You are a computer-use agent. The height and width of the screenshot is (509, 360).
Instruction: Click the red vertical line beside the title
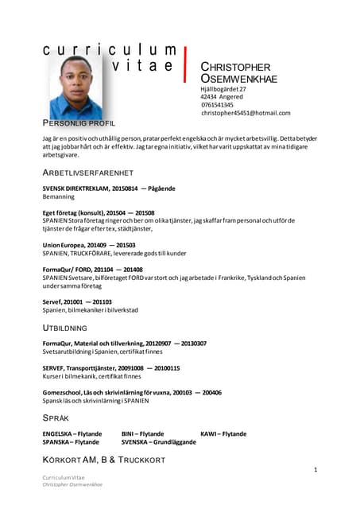pyautogui.click(x=185, y=63)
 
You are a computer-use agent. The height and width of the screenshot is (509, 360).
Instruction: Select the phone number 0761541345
pyautogui.click(x=217, y=105)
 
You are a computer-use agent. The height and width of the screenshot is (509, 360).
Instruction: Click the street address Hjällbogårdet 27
pyautogui.click(x=223, y=89)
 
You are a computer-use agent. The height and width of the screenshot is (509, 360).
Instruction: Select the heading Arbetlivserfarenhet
pyautogui.click(x=87, y=173)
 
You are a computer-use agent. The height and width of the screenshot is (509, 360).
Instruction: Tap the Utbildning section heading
pyautogui.click(x=64, y=327)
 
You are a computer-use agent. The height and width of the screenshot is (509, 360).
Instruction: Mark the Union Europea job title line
pyautogui.click(x=88, y=245)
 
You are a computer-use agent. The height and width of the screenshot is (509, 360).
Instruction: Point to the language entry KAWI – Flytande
pyautogui.click(x=223, y=433)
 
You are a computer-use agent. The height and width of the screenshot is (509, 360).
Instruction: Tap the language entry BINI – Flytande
pyautogui.click(x=142, y=433)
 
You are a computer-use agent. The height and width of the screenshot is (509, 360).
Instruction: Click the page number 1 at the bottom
pyautogui.click(x=315, y=471)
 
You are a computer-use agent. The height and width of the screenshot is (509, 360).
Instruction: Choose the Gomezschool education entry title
pyautogui.click(x=132, y=392)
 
